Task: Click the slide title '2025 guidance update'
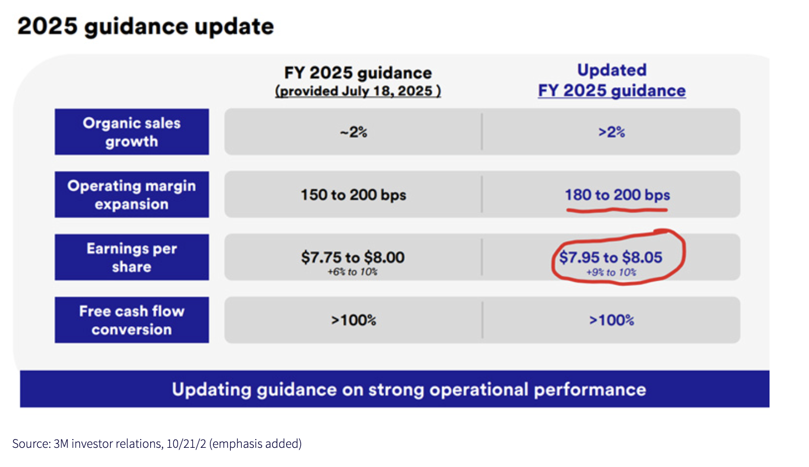[145, 26]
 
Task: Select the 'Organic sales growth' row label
[132, 132]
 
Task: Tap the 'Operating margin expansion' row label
[132, 195]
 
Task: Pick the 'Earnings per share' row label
[132, 257]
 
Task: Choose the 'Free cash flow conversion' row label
[132, 320]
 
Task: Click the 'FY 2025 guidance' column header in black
[358, 73]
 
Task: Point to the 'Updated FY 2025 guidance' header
[612, 81]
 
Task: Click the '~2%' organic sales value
[354, 132]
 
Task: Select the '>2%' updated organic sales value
[612, 132]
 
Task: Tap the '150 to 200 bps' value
[354, 195]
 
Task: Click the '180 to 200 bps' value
[617, 195]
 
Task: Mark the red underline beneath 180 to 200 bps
[617, 210]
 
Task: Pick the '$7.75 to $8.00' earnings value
[352, 257]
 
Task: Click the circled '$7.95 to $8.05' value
[611, 257]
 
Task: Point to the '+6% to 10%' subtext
[352, 272]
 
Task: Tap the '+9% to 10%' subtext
[611, 272]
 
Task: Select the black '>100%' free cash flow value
[354, 320]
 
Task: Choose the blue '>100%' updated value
[612, 320]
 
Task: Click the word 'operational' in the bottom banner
[479, 390]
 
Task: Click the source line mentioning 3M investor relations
[157, 443]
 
